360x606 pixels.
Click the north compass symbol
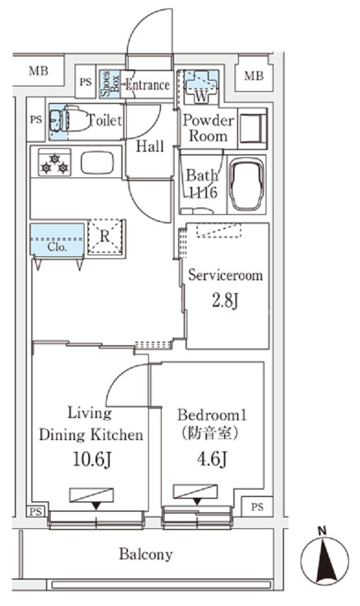(324, 558)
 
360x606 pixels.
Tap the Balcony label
(145, 554)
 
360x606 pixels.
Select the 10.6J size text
(93, 459)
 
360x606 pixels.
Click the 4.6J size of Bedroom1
(212, 459)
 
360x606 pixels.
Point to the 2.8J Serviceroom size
(225, 301)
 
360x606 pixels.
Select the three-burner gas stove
(54, 163)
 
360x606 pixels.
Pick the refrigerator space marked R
(105, 237)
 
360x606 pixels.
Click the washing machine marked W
(201, 86)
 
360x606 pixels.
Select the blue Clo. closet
(57, 239)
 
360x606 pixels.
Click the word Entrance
(148, 84)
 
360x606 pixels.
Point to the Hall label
(150, 146)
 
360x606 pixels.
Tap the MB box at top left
(39, 71)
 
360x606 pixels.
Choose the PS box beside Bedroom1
(257, 507)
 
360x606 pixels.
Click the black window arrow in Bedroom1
(197, 502)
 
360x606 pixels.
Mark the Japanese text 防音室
(211, 433)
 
